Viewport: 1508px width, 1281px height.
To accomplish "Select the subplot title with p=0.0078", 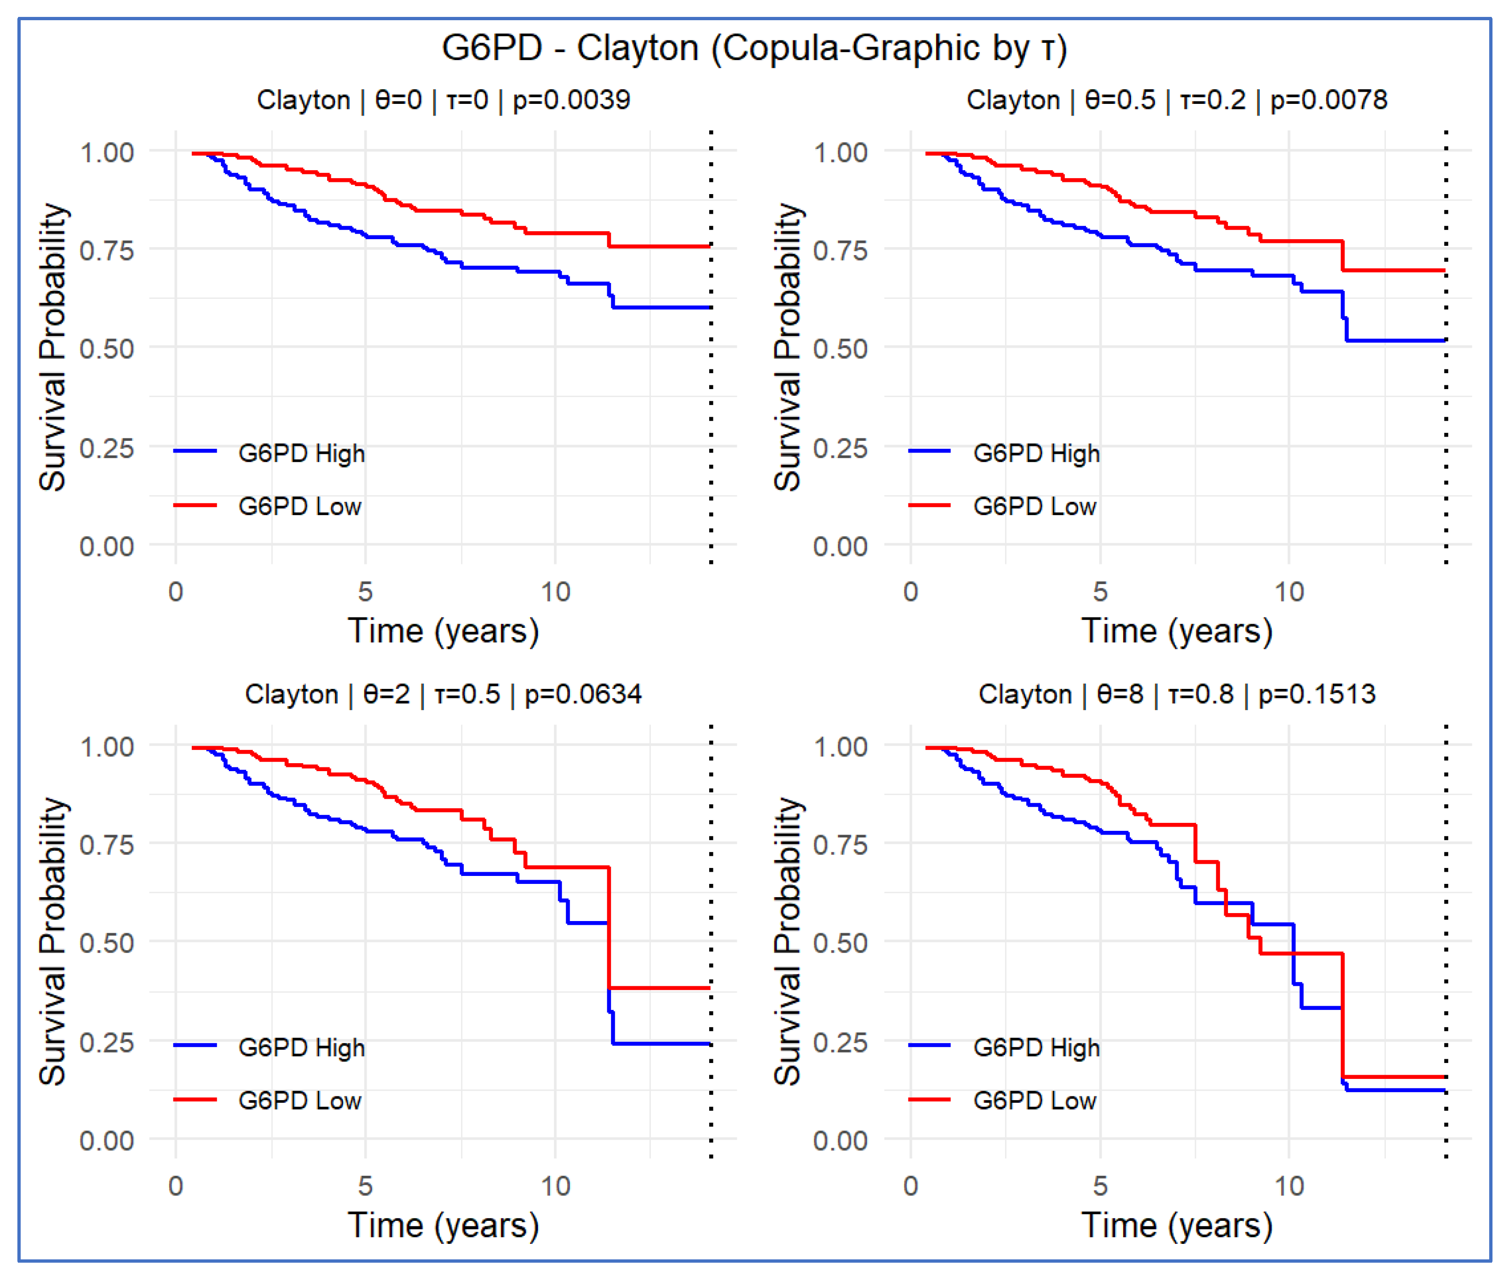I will pyautogui.click(x=1176, y=100).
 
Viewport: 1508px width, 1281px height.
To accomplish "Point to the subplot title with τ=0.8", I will pyautogui.click(x=1176, y=694).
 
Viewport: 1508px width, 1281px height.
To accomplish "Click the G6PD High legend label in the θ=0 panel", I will pyautogui.click(x=301, y=453).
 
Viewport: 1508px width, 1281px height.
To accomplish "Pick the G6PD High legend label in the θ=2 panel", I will pyautogui.click(x=301, y=1047).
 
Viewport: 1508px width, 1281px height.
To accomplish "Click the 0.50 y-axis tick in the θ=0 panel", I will pyautogui.click(x=107, y=349).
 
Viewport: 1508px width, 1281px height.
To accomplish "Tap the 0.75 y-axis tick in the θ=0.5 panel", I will pyautogui.click(x=840, y=250).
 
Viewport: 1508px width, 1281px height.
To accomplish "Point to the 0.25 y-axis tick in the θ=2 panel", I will pyautogui.click(x=107, y=1042).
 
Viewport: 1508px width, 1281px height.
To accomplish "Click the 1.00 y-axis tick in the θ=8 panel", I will pyautogui.click(x=840, y=747).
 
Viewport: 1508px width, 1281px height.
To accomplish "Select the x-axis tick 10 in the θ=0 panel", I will pyautogui.click(x=555, y=592).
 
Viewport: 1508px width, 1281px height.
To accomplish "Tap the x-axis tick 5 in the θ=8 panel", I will pyautogui.click(x=1100, y=1186).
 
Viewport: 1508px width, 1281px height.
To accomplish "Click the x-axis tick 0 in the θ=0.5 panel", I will pyautogui.click(x=910, y=592).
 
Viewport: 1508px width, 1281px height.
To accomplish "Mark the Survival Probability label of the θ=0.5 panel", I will pyautogui.click(x=787, y=347).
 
